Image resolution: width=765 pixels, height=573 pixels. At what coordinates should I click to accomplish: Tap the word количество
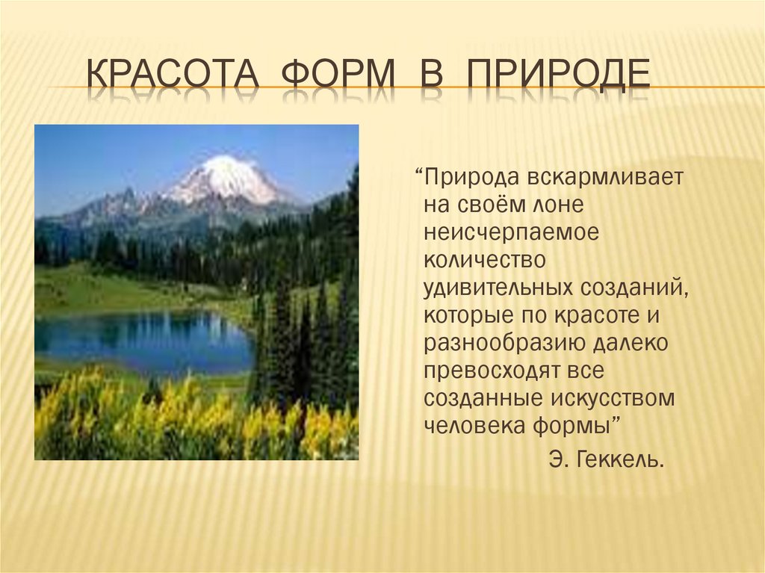[x=485, y=260]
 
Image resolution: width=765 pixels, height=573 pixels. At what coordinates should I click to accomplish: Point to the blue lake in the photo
[x=142, y=341]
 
